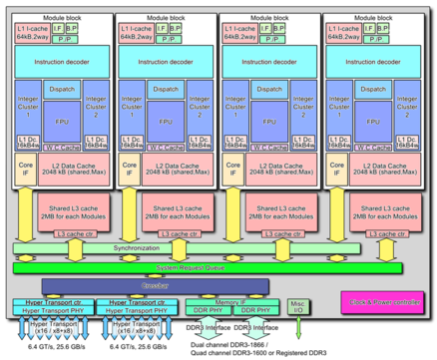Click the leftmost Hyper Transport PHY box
click(x=51, y=311)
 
